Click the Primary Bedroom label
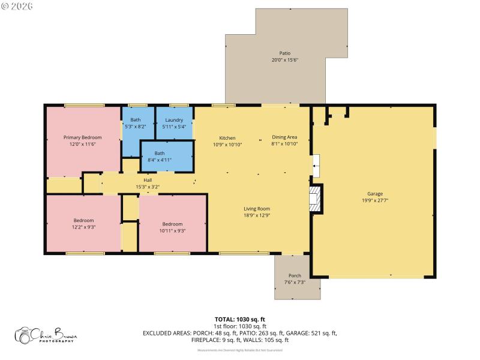tap(83, 137)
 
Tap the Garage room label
tap(375, 194)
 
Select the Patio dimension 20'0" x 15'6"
tap(284, 60)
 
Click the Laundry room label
tap(174, 120)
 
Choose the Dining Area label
tap(284, 137)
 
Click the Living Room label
tap(256, 208)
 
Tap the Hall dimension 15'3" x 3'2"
tap(148, 187)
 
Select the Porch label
tap(295, 275)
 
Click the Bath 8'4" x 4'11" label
tap(160, 153)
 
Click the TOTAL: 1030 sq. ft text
tap(239, 319)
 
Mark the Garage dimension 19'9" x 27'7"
tap(375, 200)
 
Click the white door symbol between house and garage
tap(316, 163)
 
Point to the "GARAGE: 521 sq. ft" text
tap(314, 332)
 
